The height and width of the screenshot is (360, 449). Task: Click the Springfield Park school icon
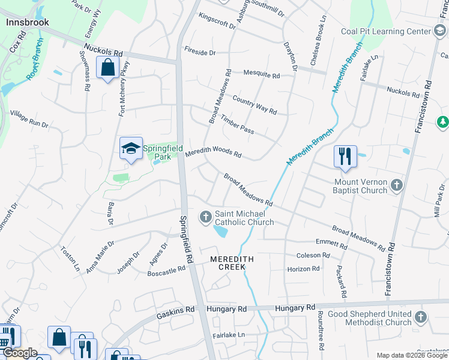(x=131, y=148)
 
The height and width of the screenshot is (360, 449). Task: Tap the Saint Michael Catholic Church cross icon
(x=206, y=215)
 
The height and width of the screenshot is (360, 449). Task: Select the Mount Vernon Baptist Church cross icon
(x=396, y=185)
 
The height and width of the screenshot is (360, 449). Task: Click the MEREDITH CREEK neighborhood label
(x=232, y=263)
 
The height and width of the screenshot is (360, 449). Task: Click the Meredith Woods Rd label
(x=213, y=154)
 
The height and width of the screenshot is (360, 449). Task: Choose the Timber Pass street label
(x=237, y=125)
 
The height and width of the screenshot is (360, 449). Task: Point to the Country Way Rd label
(x=254, y=106)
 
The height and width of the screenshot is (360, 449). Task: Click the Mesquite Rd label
(x=261, y=75)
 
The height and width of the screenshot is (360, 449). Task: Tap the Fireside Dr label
(x=199, y=52)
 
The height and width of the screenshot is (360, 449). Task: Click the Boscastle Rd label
(x=166, y=271)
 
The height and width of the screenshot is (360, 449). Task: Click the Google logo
(x=20, y=353)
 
